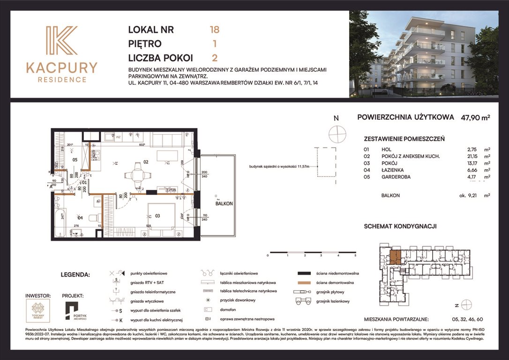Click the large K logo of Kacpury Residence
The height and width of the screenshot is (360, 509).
[x=61, y=42]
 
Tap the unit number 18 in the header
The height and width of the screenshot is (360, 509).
[x=214, y=30]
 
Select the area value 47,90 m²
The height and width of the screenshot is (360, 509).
[x=474, y=118]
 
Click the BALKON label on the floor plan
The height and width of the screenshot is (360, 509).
[x=224, y=204]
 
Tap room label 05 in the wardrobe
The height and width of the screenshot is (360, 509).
[x=75, y=159]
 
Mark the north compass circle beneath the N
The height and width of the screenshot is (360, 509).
[x=336, y=135]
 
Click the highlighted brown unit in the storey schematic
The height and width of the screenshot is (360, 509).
[x=395, y=257]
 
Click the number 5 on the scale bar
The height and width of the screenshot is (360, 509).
[x=355, y=256]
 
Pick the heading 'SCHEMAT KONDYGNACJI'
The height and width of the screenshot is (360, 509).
[x=400, y=226]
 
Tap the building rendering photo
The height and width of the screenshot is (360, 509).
[x=423, y=54]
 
